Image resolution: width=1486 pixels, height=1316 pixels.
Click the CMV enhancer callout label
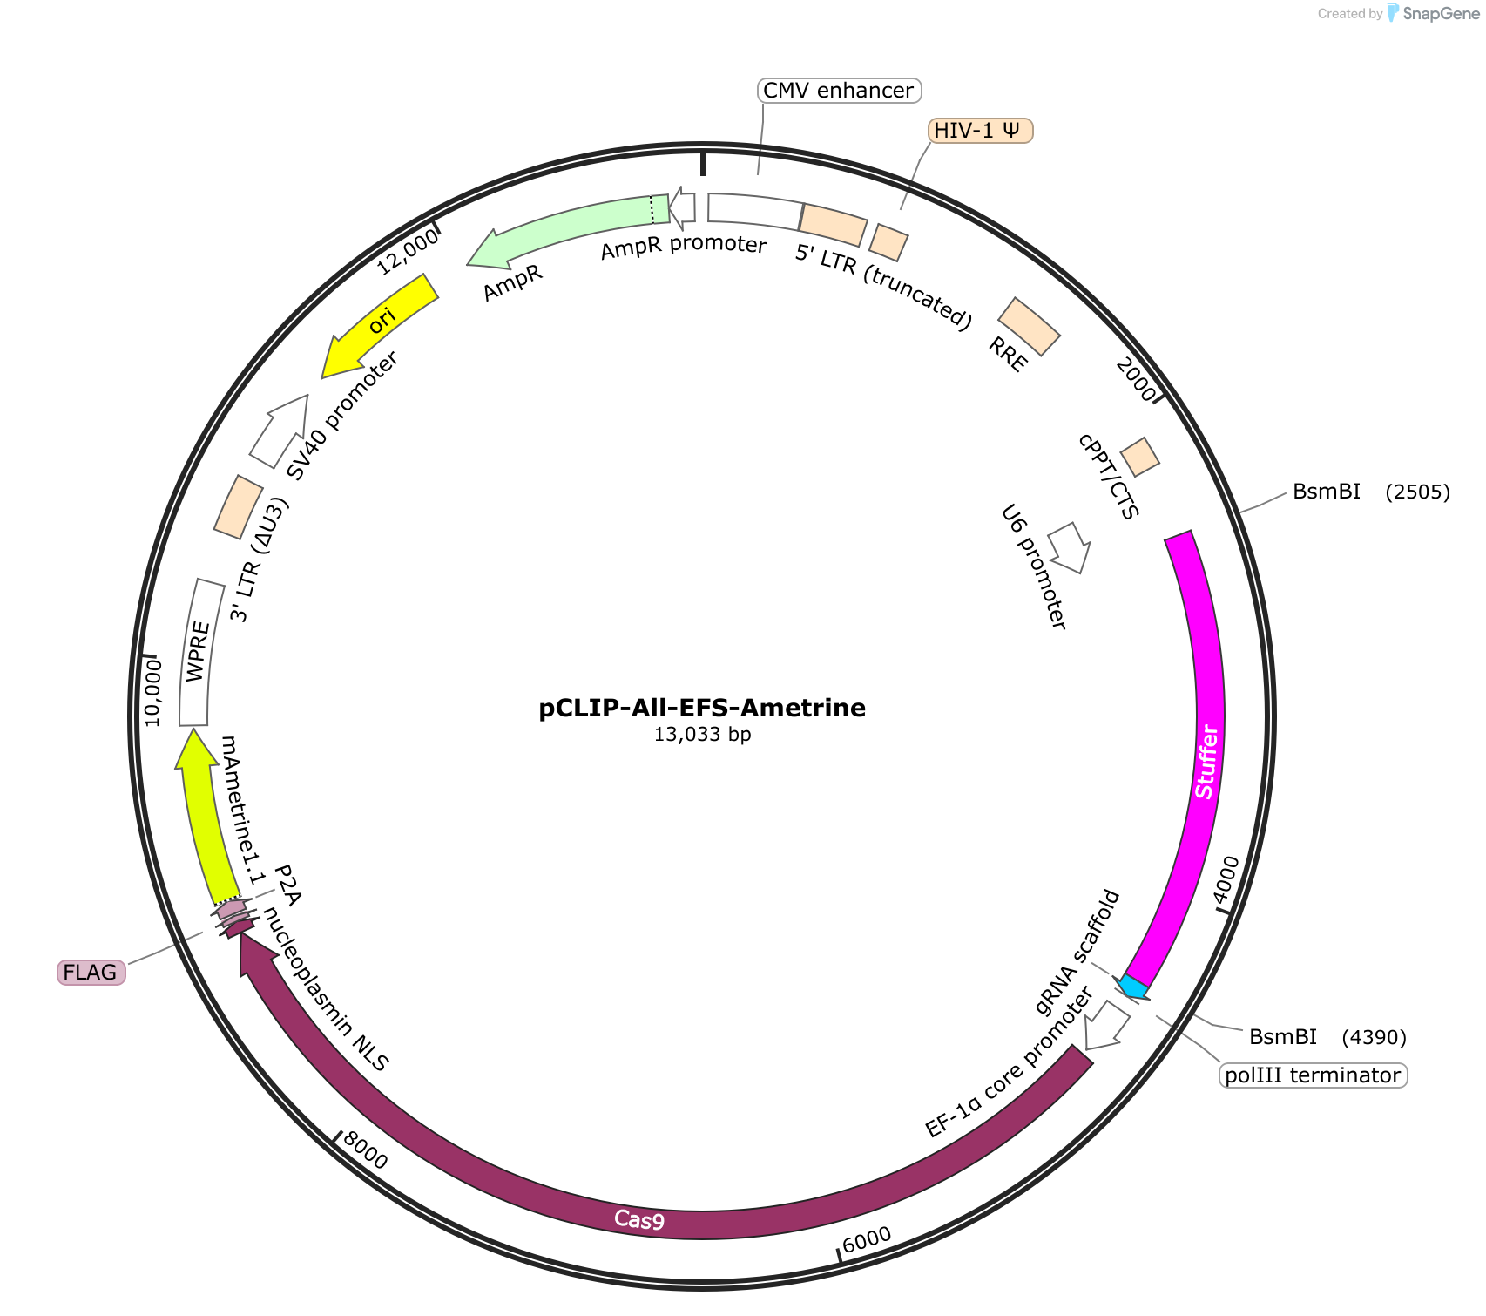[x=839, y=90]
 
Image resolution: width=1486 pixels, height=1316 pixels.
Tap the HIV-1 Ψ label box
[x=980, y=131]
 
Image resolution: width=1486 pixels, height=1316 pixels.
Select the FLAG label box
[x=91, y=972]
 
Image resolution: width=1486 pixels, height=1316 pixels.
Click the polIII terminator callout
[x=1313, y=1075]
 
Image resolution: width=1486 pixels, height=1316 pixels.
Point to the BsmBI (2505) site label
[x=1371, y=492]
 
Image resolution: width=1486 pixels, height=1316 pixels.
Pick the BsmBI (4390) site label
[x=1327, y=1037]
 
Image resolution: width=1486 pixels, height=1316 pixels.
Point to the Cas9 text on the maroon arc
[x=638, y=1219]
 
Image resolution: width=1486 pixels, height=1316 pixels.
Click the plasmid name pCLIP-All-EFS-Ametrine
[x=702, y=708]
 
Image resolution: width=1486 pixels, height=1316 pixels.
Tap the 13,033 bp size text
[x=702, y=735]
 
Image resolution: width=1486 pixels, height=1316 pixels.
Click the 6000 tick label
[x=868, y=1238]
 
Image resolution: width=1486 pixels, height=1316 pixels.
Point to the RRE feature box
[x=1029, y=327]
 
